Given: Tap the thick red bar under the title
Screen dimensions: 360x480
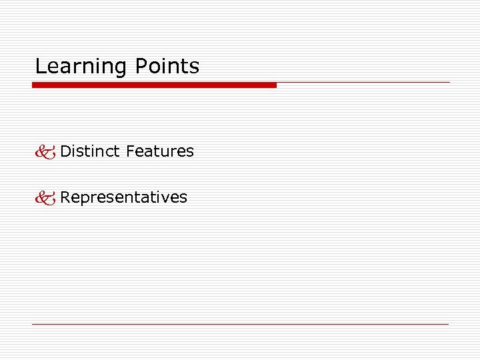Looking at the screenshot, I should (x=154, y=85).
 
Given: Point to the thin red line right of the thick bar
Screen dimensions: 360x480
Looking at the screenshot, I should (x=363, y=83).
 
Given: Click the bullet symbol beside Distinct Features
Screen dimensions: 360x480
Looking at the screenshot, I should (x=46, y=152).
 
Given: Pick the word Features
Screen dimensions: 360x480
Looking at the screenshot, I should (x=160, y=151).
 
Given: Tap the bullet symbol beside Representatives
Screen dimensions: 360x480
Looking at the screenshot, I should (x=46, y=198).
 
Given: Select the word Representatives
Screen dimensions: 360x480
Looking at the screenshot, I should (x=124, y=197).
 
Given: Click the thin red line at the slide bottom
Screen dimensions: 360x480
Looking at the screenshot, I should (x=240, y=324).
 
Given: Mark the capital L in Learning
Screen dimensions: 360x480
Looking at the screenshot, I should (x=40, y=67).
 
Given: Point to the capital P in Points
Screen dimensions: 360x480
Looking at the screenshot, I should (x=141, y=67).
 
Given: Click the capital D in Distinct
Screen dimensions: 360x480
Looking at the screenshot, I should (x=65, y=151).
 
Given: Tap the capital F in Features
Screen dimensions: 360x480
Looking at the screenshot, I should (x=129, y=151).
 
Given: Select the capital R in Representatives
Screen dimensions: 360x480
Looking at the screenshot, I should (x=65, y=197).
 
